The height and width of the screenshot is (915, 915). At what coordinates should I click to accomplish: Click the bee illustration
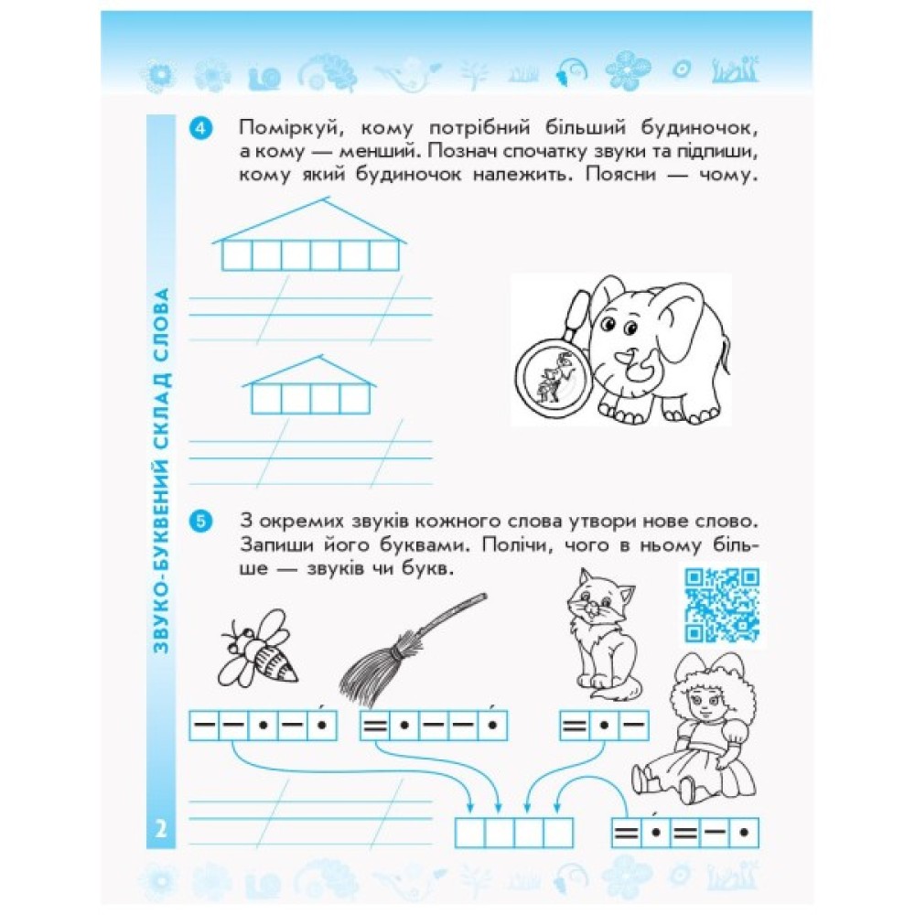[257, 649]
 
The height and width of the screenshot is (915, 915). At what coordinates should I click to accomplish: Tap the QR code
[722, 605]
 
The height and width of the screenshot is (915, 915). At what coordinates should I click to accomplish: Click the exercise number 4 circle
[200, 128]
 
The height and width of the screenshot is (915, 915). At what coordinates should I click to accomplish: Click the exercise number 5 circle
[200, 521]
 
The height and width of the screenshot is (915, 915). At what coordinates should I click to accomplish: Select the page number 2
[160, 828]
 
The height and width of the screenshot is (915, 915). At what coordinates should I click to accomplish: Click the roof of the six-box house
[309, 221]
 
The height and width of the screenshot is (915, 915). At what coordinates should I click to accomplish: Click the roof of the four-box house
[309, 371]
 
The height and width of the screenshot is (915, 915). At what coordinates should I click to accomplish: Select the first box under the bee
[204, 726]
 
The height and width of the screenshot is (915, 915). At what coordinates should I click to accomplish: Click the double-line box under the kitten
[575, 726]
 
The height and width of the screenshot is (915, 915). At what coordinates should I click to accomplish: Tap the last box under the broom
[493, 726]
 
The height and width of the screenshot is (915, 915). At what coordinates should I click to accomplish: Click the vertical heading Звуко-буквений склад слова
[160, 470]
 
